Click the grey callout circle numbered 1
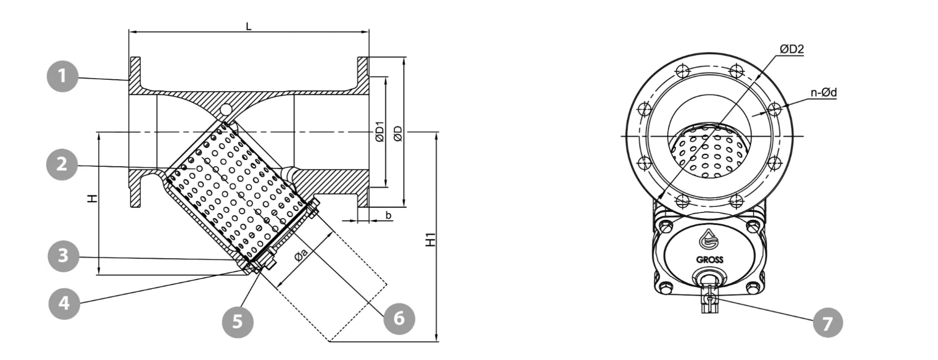[x=62, y=76]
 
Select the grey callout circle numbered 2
[x=62, y=164]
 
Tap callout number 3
[x=63, y=256]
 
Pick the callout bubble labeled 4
[x=64, y=303]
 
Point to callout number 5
[x=238, y=322]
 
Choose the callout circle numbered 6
[x=399, y=319]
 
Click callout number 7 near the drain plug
[x=828, y=323]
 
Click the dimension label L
[x=248, y=27]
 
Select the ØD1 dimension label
[x=380, y=132]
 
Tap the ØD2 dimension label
[x=792, y=50]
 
